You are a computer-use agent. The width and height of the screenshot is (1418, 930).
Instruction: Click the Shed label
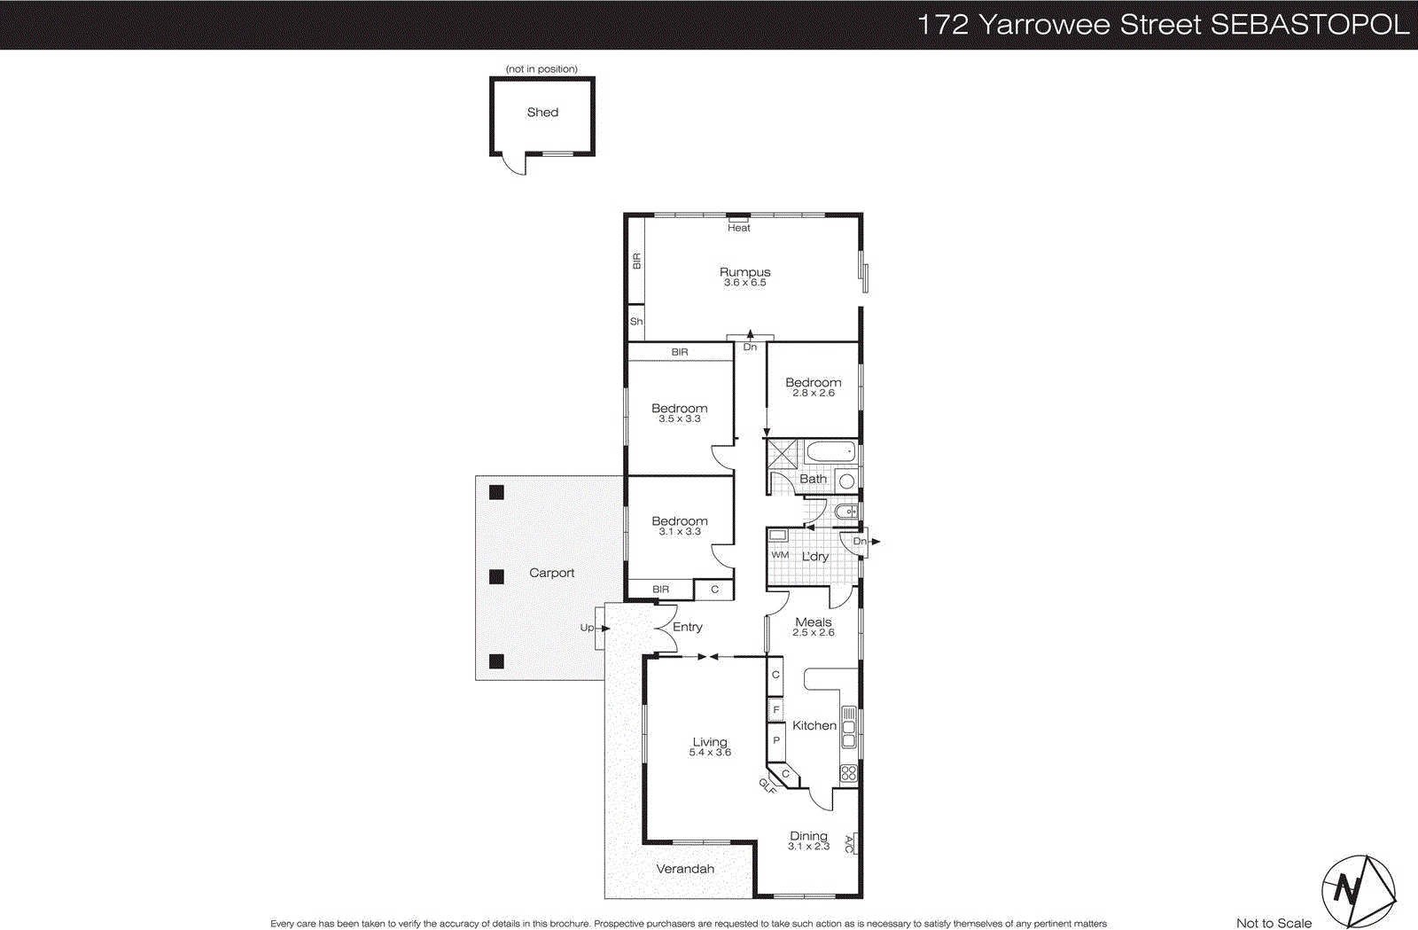(x=542, y=113)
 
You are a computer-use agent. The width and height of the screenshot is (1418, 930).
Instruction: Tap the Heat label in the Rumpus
(x=738, y=228)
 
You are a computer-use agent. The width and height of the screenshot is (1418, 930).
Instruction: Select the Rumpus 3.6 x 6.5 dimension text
(x=744, y=283)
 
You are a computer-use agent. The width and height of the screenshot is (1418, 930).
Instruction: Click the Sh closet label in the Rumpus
(x=635, y=322)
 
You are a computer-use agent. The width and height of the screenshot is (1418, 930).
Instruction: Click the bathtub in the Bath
(x=830, y=452)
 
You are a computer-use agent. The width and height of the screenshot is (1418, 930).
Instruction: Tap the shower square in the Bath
(x=783, y=453)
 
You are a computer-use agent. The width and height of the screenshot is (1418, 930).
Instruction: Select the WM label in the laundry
(x=779, y=555)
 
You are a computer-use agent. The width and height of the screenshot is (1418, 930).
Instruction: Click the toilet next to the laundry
(x=847, y=512)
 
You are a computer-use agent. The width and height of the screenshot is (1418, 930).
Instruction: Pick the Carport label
(x=551, y=573)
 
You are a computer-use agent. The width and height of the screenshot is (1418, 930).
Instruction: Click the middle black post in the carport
(x=496, y=576)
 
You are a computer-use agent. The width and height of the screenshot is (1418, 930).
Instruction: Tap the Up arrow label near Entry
(x=587, y=628)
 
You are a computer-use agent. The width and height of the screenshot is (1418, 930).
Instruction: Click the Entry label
(x=687, y=627)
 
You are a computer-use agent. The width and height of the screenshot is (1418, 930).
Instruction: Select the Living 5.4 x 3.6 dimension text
(x=710, y=753)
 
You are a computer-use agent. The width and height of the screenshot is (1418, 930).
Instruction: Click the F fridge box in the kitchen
(x=775, y=709)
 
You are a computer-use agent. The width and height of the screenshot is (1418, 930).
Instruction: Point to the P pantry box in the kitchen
(x=775, y=740)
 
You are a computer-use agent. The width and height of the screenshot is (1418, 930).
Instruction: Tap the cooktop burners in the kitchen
(x=848, y=773)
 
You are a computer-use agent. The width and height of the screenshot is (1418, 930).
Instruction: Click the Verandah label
(x=684, y=869)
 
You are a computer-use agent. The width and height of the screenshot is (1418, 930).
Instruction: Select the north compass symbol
(x=1357, y=890)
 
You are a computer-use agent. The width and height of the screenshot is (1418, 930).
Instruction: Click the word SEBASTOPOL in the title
(x=1309, y=24)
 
